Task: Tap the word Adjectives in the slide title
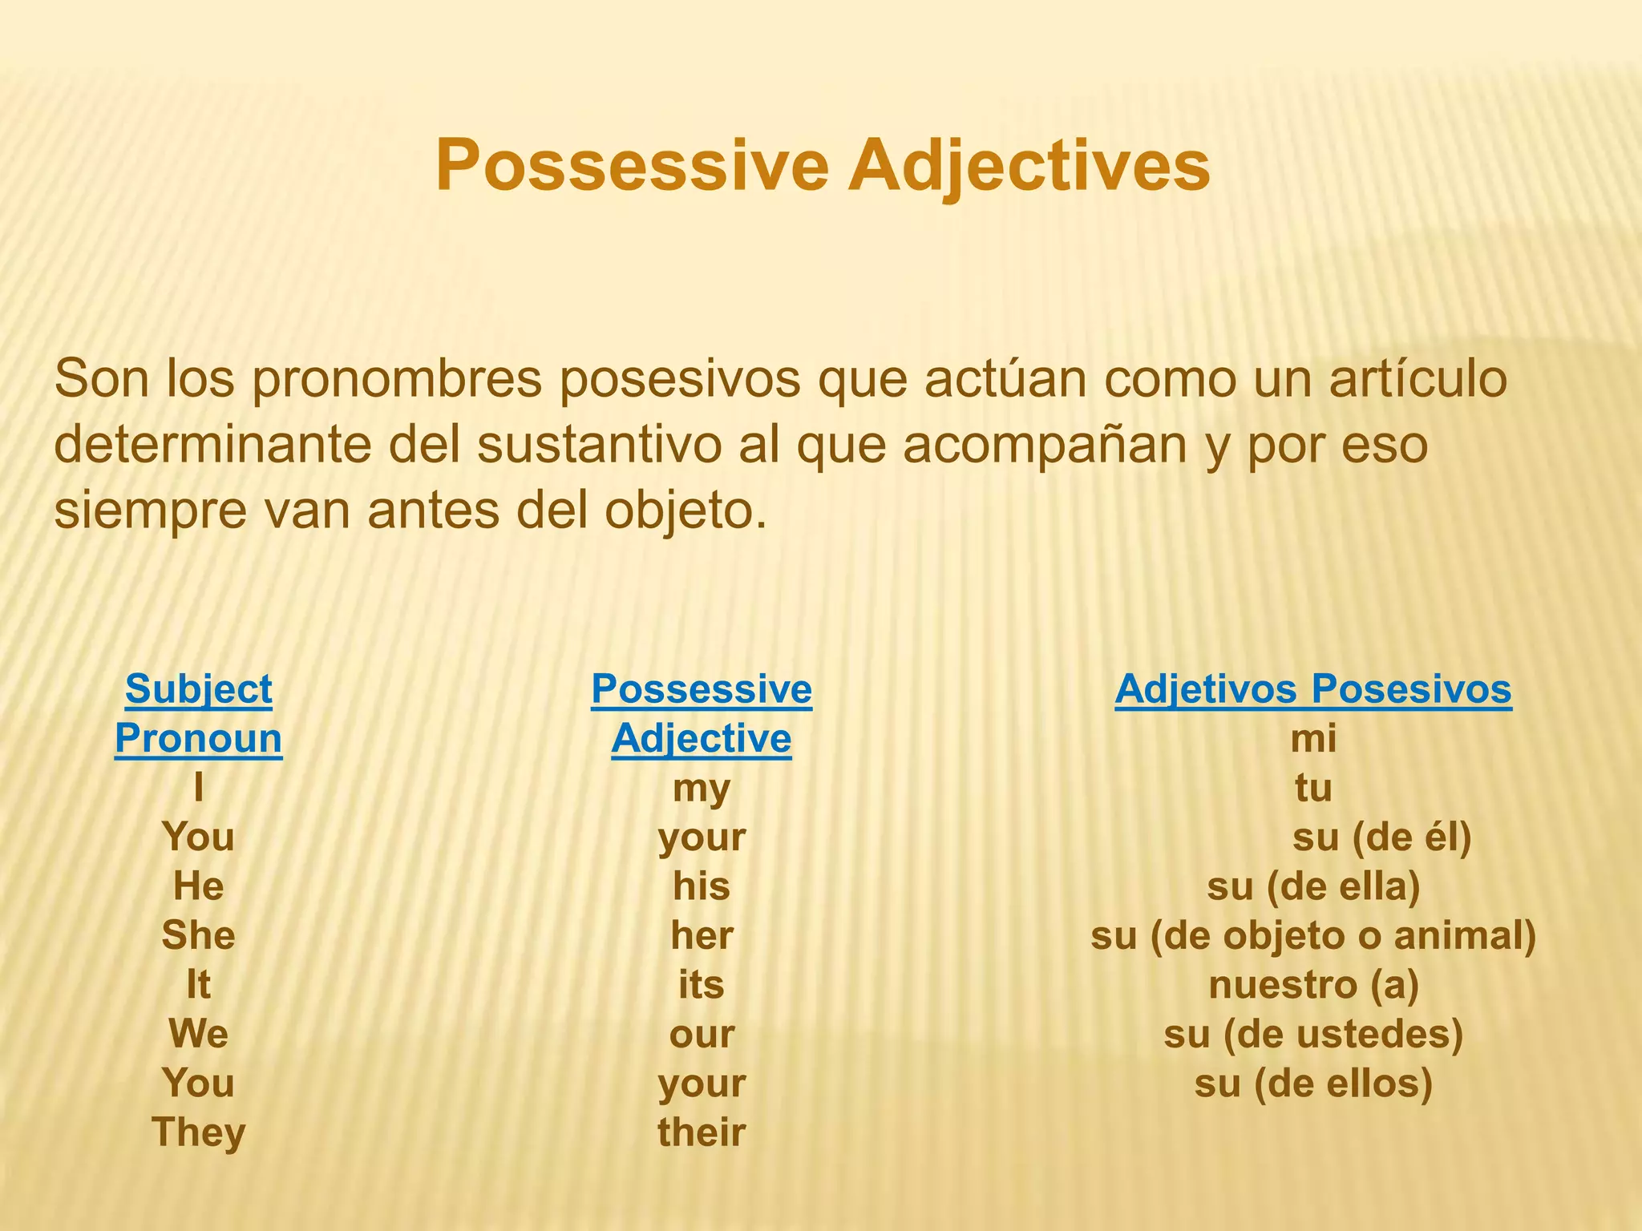tap(1029, 165)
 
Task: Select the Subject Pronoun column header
tap(198, 713)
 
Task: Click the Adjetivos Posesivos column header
tap(1312, 689)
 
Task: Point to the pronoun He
tap(198, 886)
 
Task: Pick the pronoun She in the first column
tap(198, 935)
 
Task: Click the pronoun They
tap(198, 1132)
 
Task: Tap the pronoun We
tap(198, 1034)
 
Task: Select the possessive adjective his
tap(702, 886)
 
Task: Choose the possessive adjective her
tap(702, 935)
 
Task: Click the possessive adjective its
tap(702, 985)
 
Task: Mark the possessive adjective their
tap(702, 1132)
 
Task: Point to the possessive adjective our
tap(702, 1034)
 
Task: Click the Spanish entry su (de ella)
tap(1313, 886)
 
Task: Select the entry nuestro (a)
tap(1313, 985)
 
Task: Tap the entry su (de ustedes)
tap(1313, 1034)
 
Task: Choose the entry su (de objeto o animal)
tap(1313, 935)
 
